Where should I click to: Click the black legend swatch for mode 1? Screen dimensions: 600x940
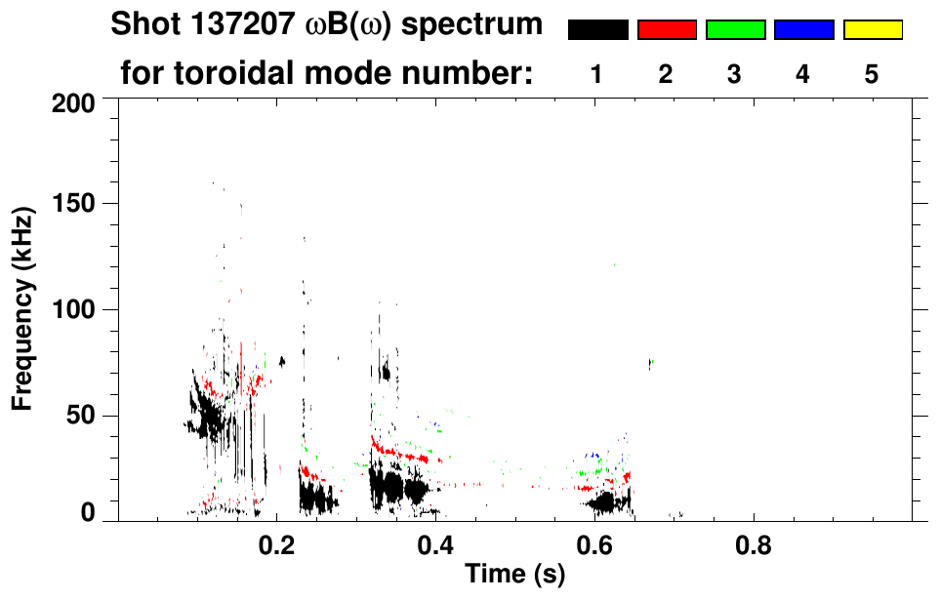click(x=597, y=30)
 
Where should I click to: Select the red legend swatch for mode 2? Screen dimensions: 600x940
click(x=667, y=30)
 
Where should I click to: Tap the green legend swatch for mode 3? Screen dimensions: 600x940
click(x=735, y=30)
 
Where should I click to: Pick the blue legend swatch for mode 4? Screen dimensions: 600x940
click(x=803, y=30)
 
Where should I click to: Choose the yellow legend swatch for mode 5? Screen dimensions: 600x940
click(x=872, y=30)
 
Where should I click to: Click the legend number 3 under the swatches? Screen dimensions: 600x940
click(x=735, y=74)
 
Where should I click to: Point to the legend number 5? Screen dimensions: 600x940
click(x=872, y=74)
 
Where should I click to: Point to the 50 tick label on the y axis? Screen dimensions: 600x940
click(x=82, y=417)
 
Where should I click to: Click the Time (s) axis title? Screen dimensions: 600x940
click(x=514, y=576)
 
